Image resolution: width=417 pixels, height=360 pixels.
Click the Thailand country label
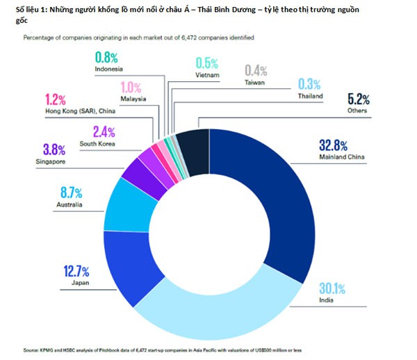click(x=310, y=97)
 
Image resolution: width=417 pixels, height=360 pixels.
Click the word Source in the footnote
click(x=33, y=350)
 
